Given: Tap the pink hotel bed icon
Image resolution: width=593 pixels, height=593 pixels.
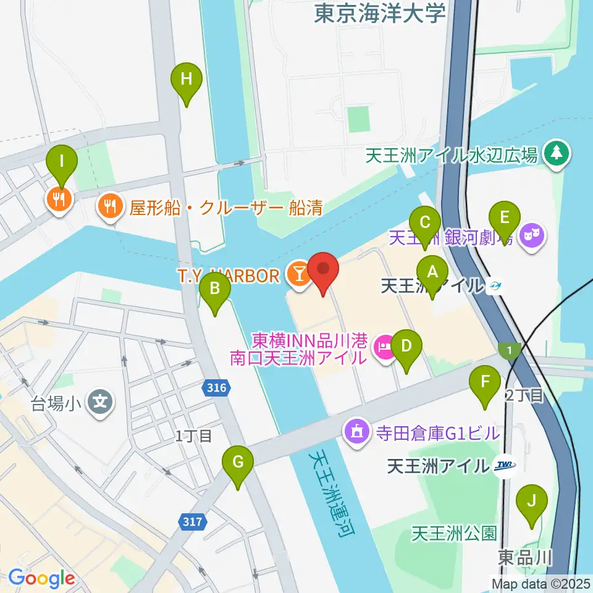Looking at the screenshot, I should pos(385,348).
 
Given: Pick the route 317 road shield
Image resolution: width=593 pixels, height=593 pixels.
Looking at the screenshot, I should pos(192,523).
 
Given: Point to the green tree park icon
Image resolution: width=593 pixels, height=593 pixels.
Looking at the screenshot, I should pos(557,154).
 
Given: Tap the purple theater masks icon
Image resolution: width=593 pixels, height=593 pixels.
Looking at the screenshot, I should pos(531,237).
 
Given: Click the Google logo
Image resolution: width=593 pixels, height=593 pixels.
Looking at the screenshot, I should pos(41,578).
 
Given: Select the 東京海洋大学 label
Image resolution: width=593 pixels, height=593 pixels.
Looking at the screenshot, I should pos(379,13).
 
